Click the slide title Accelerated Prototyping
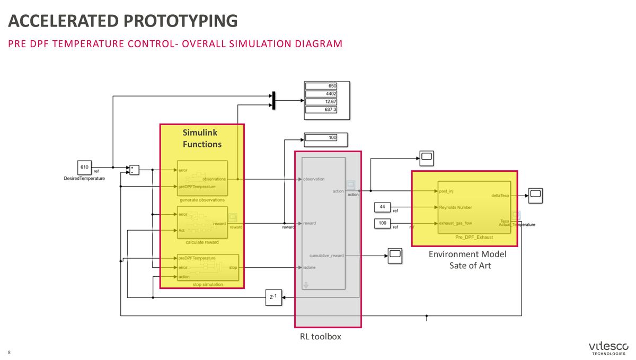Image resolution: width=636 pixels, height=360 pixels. click(x=123, y=21)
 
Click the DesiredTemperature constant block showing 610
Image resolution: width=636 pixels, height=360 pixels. click(x=85, y=167)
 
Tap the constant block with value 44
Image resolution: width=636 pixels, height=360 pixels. click(x=382, y=206)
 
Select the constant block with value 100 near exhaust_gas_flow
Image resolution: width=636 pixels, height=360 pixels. click(x=382, y=223)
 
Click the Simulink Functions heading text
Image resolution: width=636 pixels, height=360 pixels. click(x=202, y=138)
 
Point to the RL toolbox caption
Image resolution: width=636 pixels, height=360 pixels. click(x=320, y=336)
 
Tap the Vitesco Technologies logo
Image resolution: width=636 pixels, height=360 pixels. click(x=608, y=348)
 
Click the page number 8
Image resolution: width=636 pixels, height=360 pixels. click(x=9, y=353)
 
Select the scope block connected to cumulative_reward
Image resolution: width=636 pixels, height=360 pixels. click(x=395, y=256)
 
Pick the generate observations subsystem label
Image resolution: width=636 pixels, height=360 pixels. click(x=202, y=200)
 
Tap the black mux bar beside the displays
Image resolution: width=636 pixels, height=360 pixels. click(x=273, y=100)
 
